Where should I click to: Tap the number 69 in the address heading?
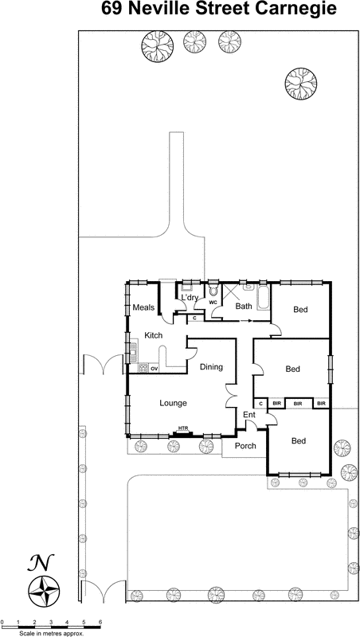114,10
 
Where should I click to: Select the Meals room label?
143,308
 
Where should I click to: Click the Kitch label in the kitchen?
154,336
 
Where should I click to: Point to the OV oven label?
155,369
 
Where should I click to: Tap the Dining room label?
211,367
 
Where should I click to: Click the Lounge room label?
173,404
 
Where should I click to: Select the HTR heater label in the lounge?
183,429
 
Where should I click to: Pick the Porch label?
245,446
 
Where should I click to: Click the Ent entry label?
248,415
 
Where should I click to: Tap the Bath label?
244,306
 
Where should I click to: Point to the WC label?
213,303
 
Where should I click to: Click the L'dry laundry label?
190,298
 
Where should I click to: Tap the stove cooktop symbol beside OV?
143,369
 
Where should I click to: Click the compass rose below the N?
45,591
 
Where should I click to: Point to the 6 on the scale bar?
100,620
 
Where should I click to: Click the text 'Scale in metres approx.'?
53,632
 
